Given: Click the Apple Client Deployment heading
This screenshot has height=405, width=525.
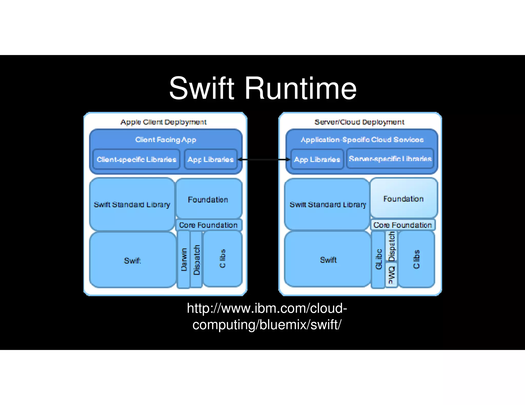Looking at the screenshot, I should pos(164,122).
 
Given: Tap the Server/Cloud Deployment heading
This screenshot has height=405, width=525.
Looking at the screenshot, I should pos(359,122).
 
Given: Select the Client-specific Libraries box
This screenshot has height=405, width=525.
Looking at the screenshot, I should pos(136,159).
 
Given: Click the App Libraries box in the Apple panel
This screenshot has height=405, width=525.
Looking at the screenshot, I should pos(210,159).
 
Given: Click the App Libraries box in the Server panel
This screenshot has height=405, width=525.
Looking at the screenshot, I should pos(317,159).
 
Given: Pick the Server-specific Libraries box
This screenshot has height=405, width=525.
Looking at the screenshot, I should pos(390,159).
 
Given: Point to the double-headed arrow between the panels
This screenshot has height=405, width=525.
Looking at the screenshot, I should pos(264,159).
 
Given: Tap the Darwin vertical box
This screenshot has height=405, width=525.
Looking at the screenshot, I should pos(184,259).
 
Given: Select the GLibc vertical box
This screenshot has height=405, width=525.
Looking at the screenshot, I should pos(378,259).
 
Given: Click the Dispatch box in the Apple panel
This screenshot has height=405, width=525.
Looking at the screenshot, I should pos(196,259).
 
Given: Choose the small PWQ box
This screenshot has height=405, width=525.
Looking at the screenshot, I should pos(391,275).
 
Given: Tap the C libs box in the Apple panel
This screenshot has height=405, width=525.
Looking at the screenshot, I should pos(223,259).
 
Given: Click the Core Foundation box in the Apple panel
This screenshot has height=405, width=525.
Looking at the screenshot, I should pos(208,225).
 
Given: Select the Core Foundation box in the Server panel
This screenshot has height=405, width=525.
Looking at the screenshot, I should pos(402,225).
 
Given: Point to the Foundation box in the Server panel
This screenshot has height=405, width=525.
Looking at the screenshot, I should pos(403,199).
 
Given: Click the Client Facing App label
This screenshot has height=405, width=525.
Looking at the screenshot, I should pos(166,140).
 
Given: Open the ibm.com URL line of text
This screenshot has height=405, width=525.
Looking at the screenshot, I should pos(267,308).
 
